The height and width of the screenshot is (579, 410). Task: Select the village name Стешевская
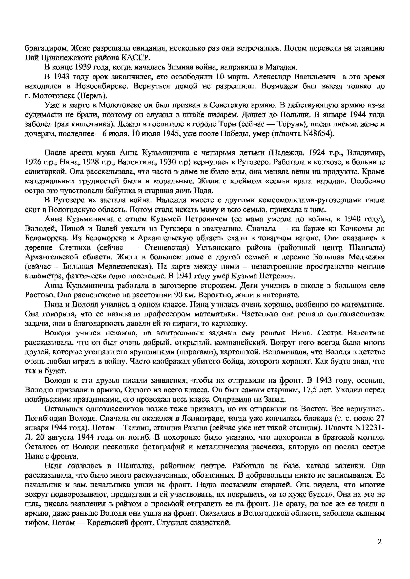(166, 248)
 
